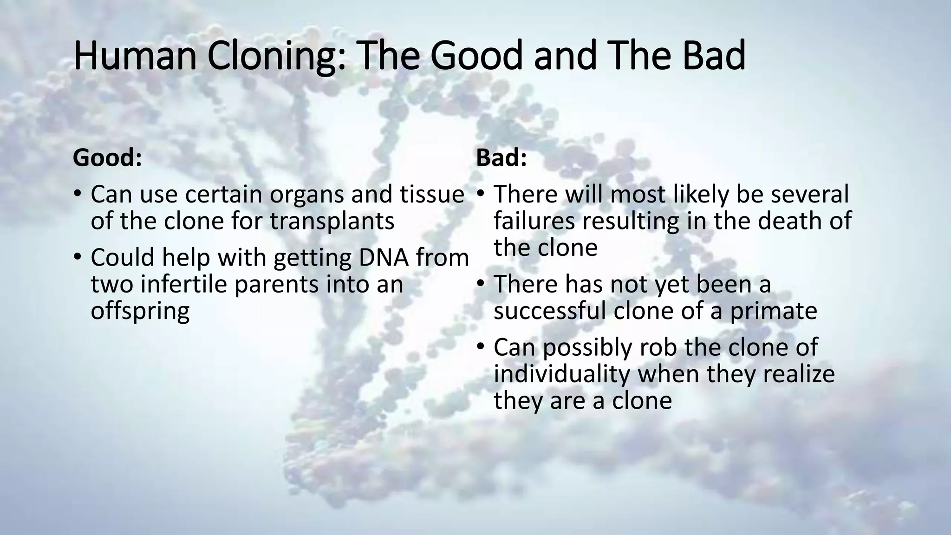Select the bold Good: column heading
click(107, 158)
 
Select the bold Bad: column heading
click(502, 158)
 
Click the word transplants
click(332, 221)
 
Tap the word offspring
click(140, 311)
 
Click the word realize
click(799, 374)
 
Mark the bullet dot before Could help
click(78, 256)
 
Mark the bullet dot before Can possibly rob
click(481, 346)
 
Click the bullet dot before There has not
click(481, 283)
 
